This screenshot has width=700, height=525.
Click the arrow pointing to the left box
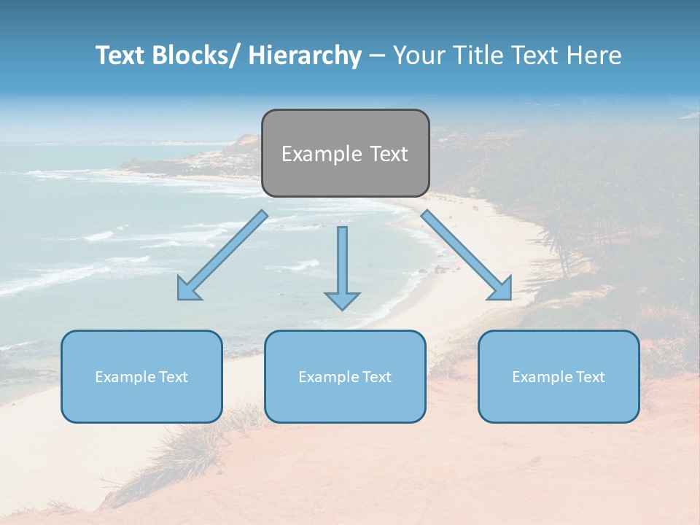coord(222,256)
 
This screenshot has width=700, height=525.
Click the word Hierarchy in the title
coord(305,55)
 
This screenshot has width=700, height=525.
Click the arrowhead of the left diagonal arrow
coord(187,291)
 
